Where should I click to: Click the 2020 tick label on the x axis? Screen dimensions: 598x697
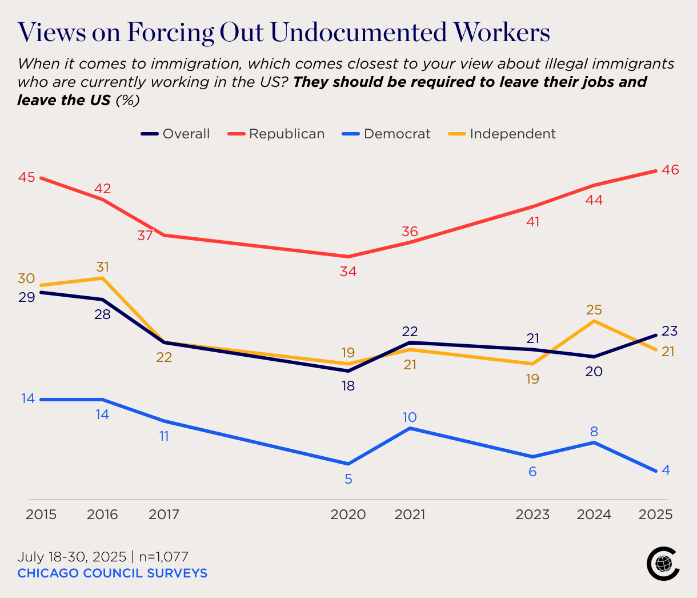[x=348, y=515]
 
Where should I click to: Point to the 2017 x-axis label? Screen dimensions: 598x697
[x=164, y=515]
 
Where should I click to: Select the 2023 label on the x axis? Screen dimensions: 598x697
[x=532, y=515]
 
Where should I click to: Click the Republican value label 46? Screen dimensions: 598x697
[x=670, y=170]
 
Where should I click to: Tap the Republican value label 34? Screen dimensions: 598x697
[x=348, y=272]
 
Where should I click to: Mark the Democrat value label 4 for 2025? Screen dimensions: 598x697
[x=666, y=470]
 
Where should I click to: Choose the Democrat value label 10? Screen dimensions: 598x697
[x=410, y=417]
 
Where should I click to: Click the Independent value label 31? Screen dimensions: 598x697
[x=102, y=267]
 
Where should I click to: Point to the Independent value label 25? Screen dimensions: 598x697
[x=594, y=310]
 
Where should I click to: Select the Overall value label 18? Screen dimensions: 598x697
[x=348, y=386]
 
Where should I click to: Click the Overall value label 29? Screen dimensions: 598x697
[x=26, y=297]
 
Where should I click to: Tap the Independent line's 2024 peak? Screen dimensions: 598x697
[x=594, y=321]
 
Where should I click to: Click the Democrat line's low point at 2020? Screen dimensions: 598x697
[x=348, y=464]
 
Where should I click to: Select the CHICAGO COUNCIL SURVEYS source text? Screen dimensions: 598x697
[x=112, y=573]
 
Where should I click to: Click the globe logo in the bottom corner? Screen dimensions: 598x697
[x=663, y=564]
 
